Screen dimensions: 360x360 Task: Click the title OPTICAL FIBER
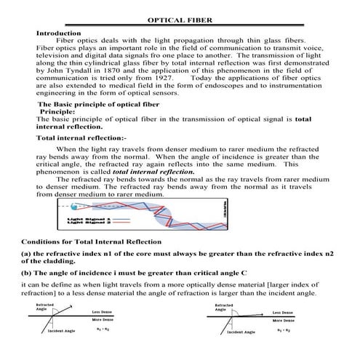180,21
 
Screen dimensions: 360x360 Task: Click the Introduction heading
58,33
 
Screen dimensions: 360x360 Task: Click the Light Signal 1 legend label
89,217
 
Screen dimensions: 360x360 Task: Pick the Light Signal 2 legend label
89,222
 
